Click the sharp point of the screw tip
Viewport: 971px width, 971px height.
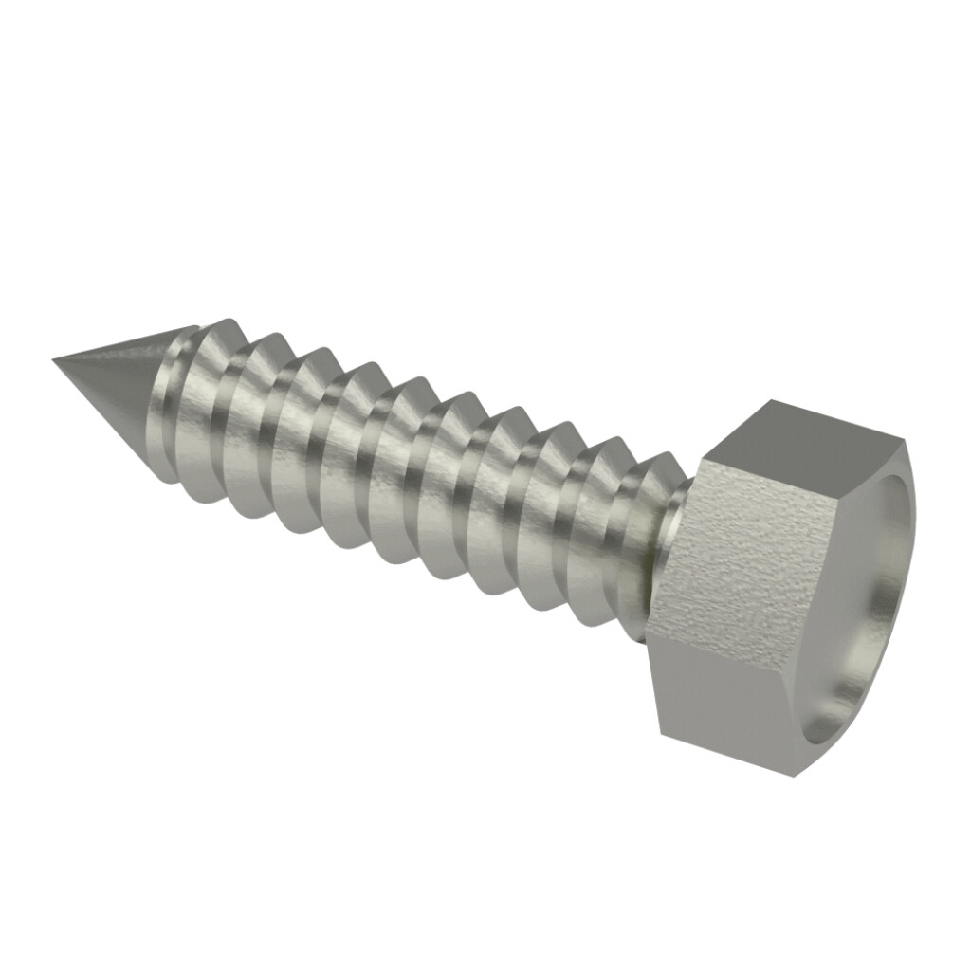55,359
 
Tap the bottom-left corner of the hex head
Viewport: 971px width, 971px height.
657,733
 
